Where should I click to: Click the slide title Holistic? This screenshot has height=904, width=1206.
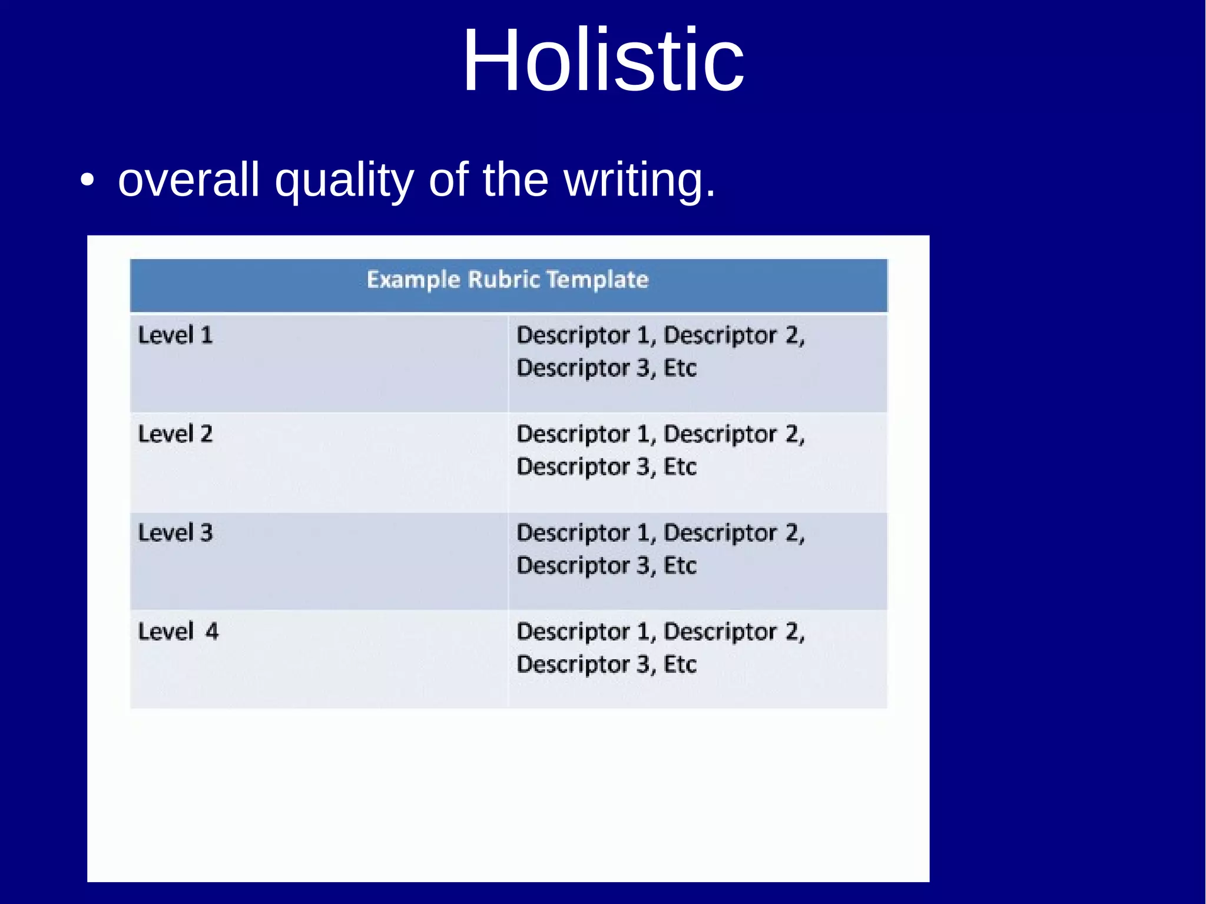coord(602,60)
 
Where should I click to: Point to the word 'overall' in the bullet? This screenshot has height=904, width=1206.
coord(188,180)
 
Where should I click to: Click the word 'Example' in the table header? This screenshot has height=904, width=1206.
coord(413,280)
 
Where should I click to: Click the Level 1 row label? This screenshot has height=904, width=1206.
coord(175,335)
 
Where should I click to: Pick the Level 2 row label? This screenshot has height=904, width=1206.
coord(175,434)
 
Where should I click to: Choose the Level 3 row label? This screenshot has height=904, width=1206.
coord(175,532)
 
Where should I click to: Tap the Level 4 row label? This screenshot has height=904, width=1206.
coord(178,631)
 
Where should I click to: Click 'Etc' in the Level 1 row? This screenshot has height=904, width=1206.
coord(680,368)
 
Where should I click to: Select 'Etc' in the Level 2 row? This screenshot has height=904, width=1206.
coord(680,466)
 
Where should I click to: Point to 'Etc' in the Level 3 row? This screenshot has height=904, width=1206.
coord(680,565)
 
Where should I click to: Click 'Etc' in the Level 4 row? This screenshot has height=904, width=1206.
coord(680,664)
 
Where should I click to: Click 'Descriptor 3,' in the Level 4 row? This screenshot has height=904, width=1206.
coord(586,665)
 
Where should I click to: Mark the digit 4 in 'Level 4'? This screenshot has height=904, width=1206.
coord(211,631)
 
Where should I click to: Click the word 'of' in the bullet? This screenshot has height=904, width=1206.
coord(448,180)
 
